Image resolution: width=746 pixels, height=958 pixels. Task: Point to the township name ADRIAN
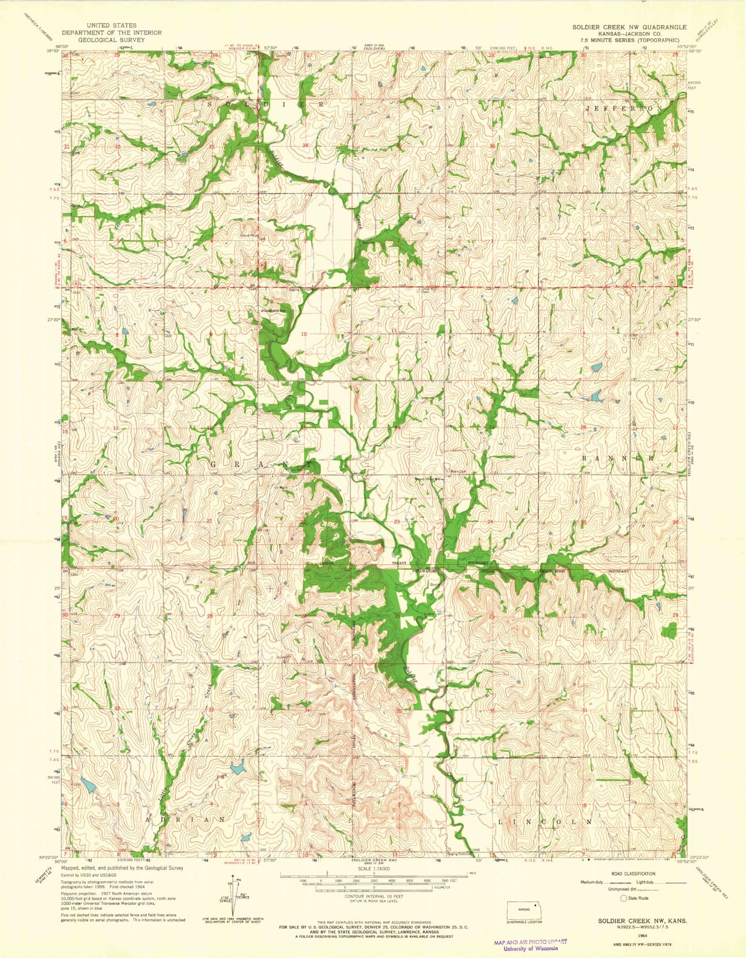click(x=185, y=820)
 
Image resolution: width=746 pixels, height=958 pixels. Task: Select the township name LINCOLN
click(x=544, y=821)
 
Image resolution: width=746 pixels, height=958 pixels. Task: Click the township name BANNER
click(x=618, y=458)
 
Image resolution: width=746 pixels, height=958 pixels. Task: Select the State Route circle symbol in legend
click(x=624, y=898)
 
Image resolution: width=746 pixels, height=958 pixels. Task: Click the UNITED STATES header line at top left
click(x=112, y=25)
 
